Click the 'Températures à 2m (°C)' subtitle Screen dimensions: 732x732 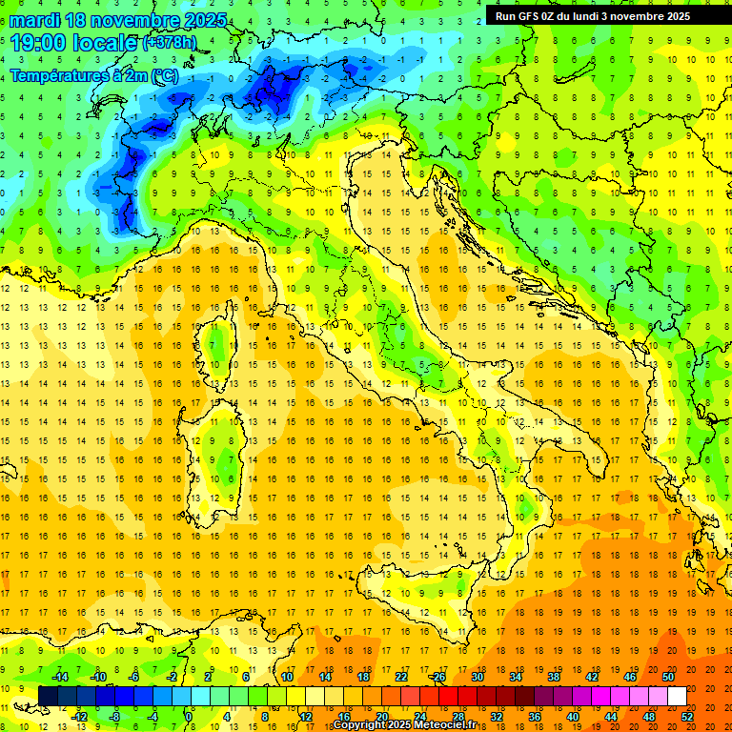click(93, 74)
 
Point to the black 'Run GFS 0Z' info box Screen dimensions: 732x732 click(600, 15)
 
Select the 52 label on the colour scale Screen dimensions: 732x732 click(687, 716)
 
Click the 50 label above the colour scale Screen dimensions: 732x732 click(667, 677)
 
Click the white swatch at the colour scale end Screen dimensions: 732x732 click(677, 696)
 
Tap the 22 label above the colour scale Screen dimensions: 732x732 click(400, 677)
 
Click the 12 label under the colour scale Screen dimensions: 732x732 click(306, 716)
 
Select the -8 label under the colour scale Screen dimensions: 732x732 click(114, 716)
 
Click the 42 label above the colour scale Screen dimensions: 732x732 click(591, 677)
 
